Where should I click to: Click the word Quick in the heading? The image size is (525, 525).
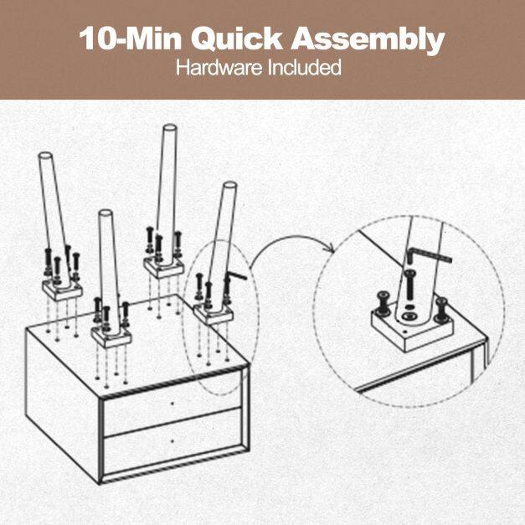[237, 39]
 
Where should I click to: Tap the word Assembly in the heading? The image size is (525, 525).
[368, 40]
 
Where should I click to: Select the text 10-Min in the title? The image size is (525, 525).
[131, 39]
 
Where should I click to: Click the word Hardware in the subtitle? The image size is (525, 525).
[219, 67]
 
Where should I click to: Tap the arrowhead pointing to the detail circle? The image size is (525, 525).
[330, 249]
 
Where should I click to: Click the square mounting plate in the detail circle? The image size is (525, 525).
[412, 329]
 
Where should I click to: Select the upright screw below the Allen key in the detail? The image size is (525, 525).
[409, 286]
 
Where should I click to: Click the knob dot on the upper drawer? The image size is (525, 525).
[172, 404]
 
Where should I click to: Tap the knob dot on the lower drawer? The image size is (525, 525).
[172, 441]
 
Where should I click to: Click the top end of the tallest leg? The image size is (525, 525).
[169, 128]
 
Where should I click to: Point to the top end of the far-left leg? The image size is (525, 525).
[45, 157]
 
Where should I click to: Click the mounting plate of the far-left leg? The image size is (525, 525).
[62, 290]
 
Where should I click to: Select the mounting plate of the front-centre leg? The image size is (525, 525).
[111, 336]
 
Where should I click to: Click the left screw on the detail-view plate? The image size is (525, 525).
[383, 302]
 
